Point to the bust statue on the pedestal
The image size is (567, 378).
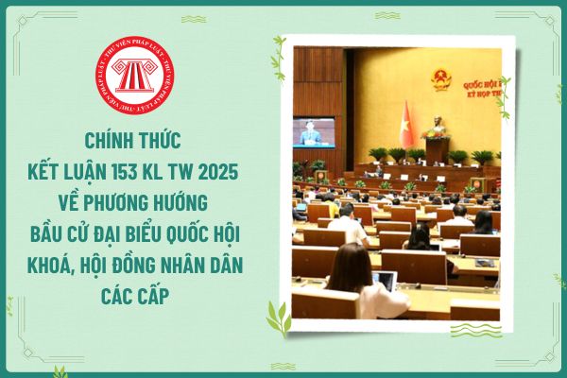point(438,129)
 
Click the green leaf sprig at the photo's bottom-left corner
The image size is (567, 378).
point(279,318)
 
